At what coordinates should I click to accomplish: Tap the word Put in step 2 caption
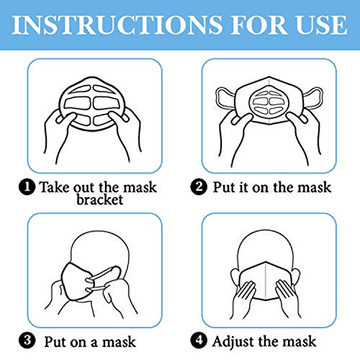point(226,187)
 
